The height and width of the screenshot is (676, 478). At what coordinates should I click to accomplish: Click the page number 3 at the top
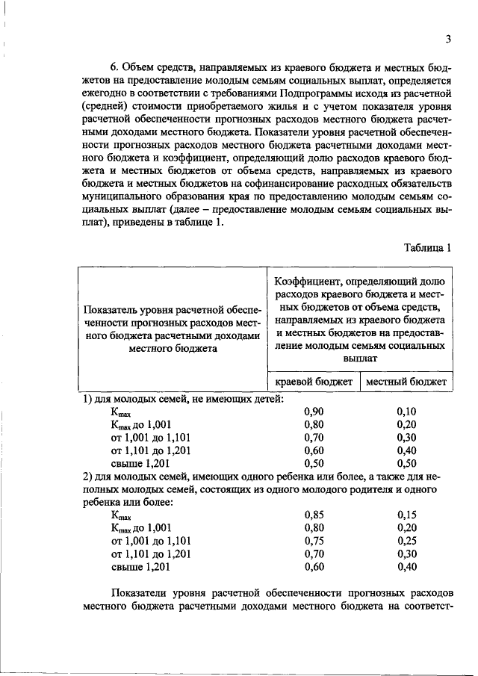(x=447, y=39)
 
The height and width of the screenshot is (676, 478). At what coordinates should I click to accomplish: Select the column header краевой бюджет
(x=314, y=382)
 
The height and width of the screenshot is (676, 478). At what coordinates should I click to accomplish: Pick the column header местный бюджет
(x=406, y=382)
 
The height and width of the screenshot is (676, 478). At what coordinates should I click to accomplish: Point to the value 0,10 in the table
(x=406, y=412)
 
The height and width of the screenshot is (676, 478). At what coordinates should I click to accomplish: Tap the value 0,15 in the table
(x=406, y=515)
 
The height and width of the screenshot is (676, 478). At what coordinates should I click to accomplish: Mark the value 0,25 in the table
(x=406, y=540)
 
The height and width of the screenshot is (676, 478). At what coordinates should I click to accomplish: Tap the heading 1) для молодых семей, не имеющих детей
(x=182, y=399)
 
